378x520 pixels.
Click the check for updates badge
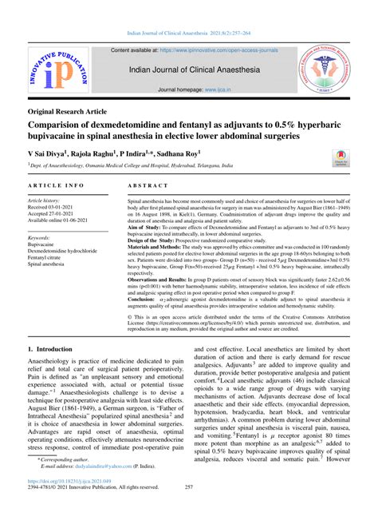point(340,158)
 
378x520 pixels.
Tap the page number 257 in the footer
point(189,510)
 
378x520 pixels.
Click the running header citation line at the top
point(189,32)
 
